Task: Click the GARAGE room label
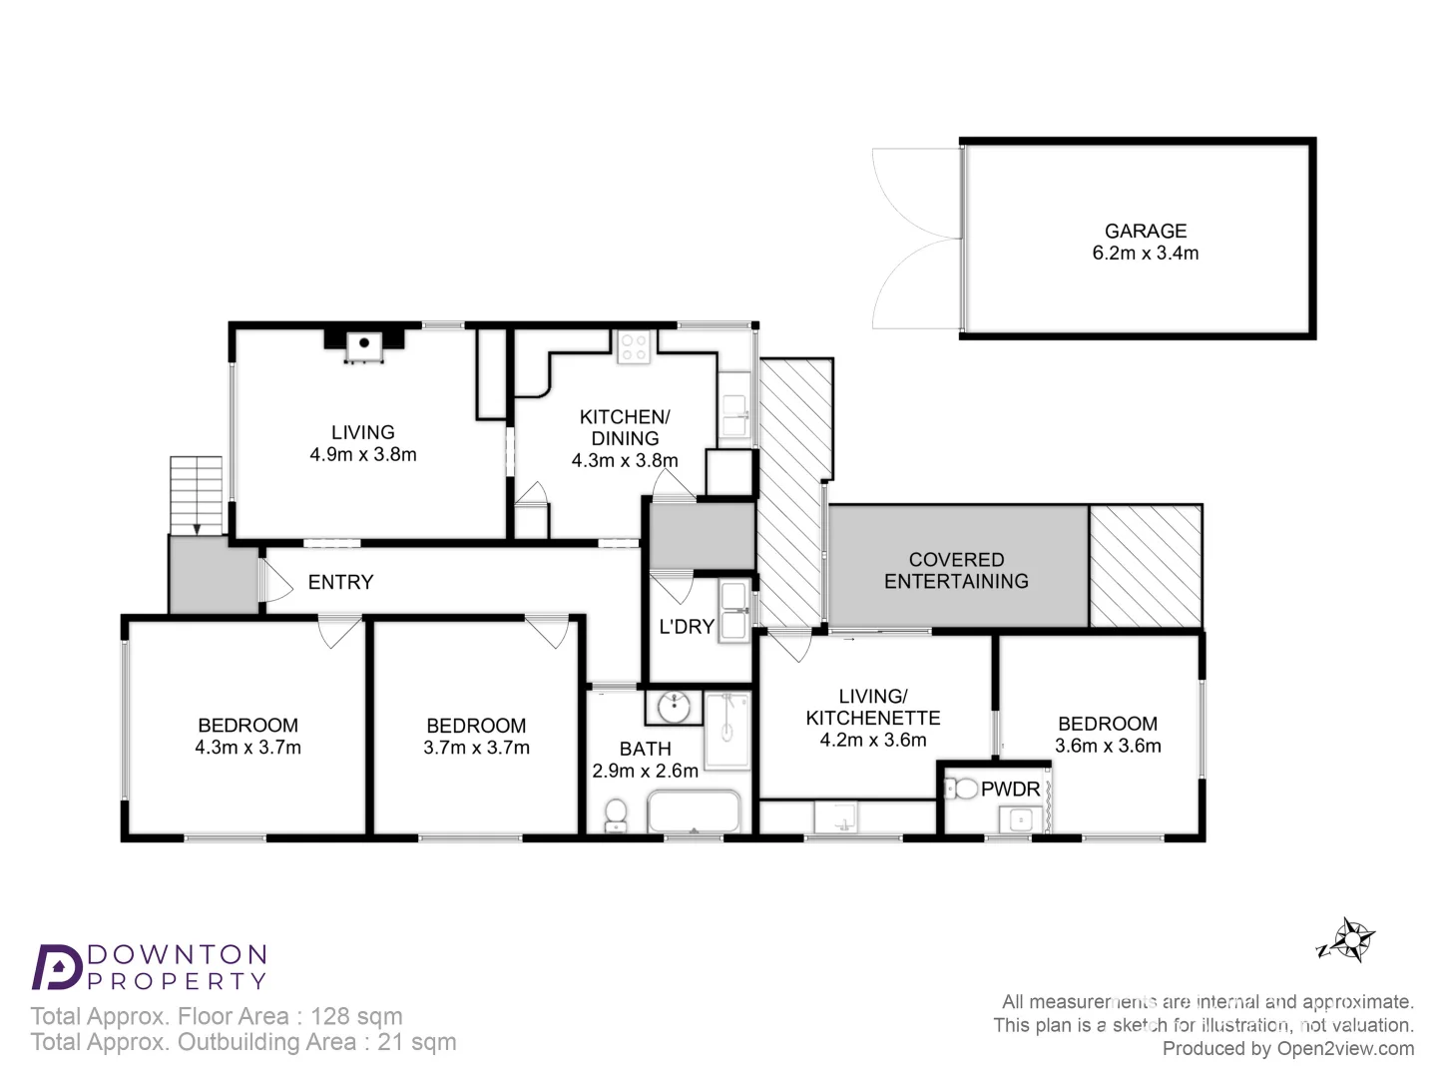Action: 1145,231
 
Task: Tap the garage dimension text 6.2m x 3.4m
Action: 1145,254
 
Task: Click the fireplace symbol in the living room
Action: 364,344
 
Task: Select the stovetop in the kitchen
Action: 634,347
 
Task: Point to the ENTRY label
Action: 340,582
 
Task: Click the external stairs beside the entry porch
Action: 196,495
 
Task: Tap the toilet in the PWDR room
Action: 962,789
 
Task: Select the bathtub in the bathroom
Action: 695,812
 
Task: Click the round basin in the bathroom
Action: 676,707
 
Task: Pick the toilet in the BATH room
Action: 616,812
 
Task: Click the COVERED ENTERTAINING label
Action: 956,571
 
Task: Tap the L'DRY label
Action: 687,627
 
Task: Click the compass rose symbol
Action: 1351,939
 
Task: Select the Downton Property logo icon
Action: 57,966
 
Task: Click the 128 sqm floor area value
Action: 356,1016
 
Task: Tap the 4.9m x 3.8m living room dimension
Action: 363,454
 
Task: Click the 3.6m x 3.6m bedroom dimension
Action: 1108,746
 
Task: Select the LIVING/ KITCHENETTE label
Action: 873,707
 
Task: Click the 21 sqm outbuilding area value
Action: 416,1042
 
